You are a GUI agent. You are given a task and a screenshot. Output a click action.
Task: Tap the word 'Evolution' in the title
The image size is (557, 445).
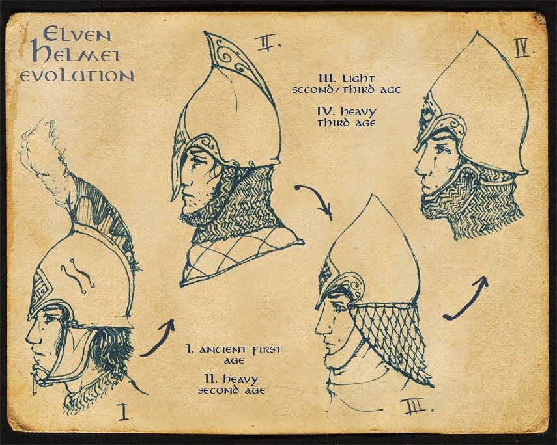[77, 76]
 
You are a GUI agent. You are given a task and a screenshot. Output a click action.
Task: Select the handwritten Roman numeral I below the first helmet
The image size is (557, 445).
[124, 412]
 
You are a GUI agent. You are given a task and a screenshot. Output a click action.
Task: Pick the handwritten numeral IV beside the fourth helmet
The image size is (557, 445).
[522, 48]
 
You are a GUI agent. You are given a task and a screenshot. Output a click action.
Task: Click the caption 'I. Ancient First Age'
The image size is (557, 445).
[235, 355]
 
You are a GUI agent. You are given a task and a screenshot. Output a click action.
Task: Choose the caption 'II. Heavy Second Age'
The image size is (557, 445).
[232, 384]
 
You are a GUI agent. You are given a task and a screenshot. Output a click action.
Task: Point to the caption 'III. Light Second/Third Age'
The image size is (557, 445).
[347, 84]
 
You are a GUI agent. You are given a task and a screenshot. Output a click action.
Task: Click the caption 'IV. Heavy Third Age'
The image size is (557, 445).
[347, 118]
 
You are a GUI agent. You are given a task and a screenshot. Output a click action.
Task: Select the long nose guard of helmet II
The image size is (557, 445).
[177, 167]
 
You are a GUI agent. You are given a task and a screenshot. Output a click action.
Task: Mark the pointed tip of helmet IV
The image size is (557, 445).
[478, 33]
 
